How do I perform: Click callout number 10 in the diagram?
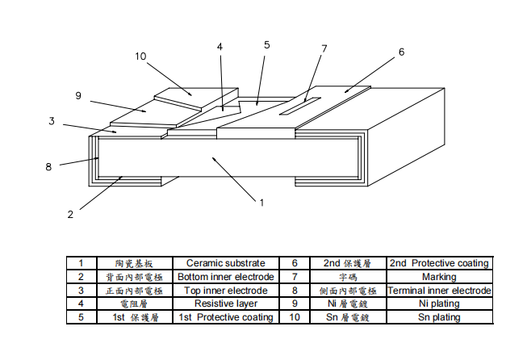tap(140, 57)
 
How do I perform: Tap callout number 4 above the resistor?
tap(220, 47)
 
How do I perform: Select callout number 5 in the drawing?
tap(267, 45)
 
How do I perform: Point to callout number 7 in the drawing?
tap(324, 48)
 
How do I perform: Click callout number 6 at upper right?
tap(401, 52)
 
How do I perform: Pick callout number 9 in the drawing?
tap(78, 95)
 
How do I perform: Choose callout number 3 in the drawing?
tap(51, 121)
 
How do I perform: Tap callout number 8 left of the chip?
tap(48, 167)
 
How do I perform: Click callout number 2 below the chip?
tap(70, 215)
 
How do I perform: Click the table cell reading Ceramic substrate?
tap(226, 263)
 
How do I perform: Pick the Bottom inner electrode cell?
tap(226, 277)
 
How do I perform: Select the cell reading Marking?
tap(439, 277)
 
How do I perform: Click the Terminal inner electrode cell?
tap(439, 291)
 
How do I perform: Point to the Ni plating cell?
tap(439, 304)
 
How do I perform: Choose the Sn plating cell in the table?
tap(439, 318)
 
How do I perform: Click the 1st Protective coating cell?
tap(226, 318)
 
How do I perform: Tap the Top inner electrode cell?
tap(226, 291)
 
